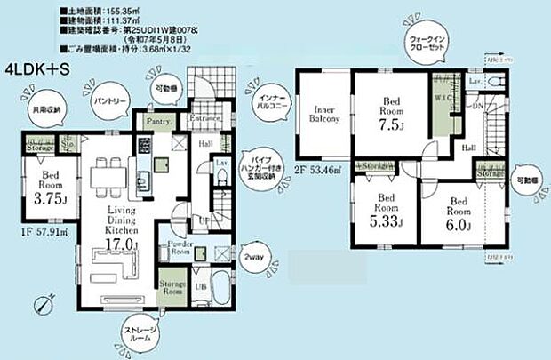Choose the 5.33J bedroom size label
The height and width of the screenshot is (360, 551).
[x=385, y=221]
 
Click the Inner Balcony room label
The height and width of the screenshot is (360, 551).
[x=323, y=113]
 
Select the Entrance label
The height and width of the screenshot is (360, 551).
[x=205, y=118]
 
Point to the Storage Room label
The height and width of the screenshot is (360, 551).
[x=172, y=289]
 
